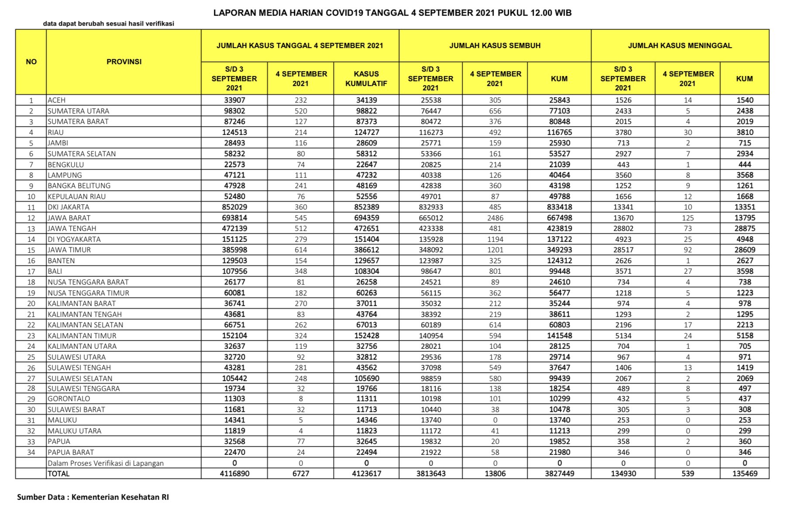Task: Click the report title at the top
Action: pos(392,13)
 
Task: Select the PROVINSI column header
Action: pos(124,62)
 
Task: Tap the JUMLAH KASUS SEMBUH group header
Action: pos(495,45)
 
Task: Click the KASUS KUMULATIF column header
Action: pos(366,79)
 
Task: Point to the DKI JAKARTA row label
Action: pos(69,207)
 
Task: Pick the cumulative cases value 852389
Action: pos(366,207)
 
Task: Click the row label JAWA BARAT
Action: pos(69,218)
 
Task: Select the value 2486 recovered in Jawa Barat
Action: pos(495,218)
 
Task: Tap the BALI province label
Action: pos(55,271)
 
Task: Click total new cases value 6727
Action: pos(300,474)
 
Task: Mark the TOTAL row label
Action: pos(58,474)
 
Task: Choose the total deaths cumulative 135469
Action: pos(745,474)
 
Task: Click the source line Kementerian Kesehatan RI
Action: pos(93,497)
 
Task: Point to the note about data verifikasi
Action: pos(108,24)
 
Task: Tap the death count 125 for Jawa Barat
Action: pos(687,218)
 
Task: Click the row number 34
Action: pos(31,452)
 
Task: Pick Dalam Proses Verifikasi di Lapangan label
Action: pos(106,463)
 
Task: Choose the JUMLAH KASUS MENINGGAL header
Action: pos(680,45)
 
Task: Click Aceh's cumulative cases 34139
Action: pos(366,100)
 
